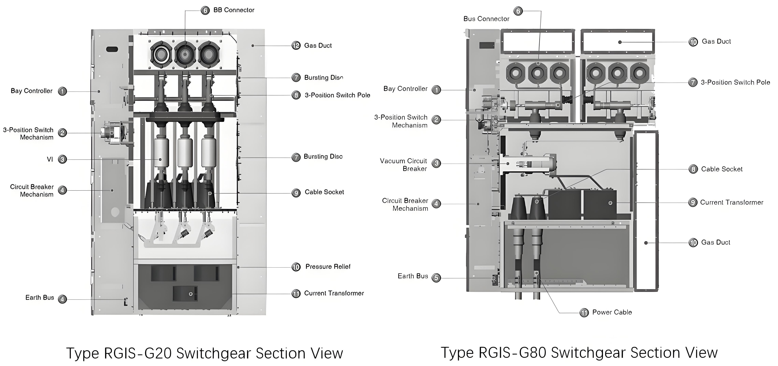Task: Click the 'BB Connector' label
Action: (x=234, y=10)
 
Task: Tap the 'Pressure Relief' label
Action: (x=328, y=267)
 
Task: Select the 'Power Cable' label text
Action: (x=612, y=312)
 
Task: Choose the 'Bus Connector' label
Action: (x=486, y=19)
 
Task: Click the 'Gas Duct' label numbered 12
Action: (x=318, y=45)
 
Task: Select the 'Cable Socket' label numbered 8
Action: (x=722, y=169)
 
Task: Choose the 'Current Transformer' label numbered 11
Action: (x=334, y=293)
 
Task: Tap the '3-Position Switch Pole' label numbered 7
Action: (x=735, y=82)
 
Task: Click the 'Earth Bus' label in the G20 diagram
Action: (x=40, y=298)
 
